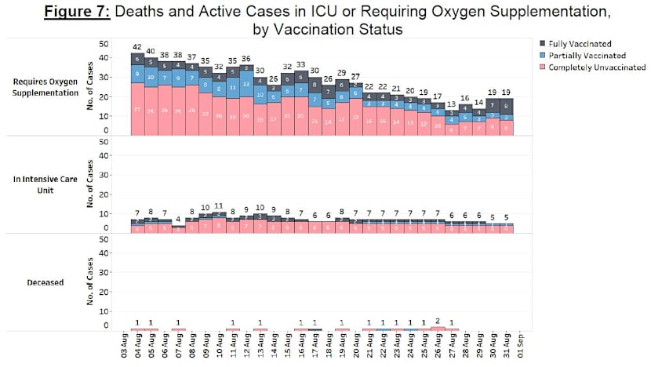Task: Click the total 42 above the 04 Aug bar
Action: coord(137,47)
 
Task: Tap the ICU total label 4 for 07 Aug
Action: coord(178,220)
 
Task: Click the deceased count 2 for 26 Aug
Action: coord(438,320)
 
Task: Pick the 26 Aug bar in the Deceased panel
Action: coord(438,329)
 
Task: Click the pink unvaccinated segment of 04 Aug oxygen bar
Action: coord(137,109)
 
